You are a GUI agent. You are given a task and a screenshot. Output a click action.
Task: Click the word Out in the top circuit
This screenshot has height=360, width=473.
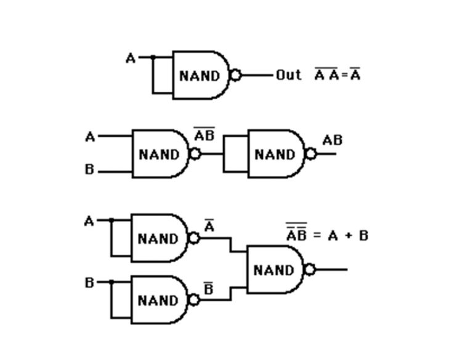tap(288, 75)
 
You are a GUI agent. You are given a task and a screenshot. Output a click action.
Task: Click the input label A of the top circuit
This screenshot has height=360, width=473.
tap(131, 58)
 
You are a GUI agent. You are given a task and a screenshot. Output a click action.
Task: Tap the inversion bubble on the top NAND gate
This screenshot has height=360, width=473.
tap(235, 76)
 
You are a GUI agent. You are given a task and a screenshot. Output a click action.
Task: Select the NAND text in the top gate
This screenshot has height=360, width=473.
tap(199, 76)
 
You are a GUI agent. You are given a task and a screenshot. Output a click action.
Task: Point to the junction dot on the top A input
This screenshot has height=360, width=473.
tap(153, 57)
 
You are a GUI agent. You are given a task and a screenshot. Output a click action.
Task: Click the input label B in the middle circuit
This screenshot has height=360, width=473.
tap(90, 170)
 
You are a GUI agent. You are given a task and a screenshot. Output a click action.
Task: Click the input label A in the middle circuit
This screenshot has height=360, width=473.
tap(90, 137)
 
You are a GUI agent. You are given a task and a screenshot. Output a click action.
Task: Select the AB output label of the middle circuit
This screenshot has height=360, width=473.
tap(332, 140)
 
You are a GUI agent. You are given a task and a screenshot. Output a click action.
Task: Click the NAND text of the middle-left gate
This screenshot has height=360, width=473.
tap(159, 154)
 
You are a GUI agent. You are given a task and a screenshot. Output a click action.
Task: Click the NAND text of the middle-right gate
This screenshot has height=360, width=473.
tap(275, 154)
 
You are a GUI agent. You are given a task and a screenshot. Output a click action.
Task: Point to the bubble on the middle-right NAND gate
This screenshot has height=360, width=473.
tap(311, 154)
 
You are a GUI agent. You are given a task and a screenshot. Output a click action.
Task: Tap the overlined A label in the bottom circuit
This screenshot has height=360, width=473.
tap(209, 226)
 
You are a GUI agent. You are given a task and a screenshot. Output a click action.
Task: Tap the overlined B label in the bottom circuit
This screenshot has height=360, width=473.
tap(209, 288)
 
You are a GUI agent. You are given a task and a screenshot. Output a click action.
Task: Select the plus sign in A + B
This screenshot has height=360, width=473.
tap(346, 236)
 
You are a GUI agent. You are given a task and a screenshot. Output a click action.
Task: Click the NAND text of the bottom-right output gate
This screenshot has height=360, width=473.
tap(273, 270)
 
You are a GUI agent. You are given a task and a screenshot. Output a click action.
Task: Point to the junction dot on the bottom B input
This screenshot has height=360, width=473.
tap(111, 282)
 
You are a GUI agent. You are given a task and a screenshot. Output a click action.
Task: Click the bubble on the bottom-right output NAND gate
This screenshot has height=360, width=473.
tap(310, 270)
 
